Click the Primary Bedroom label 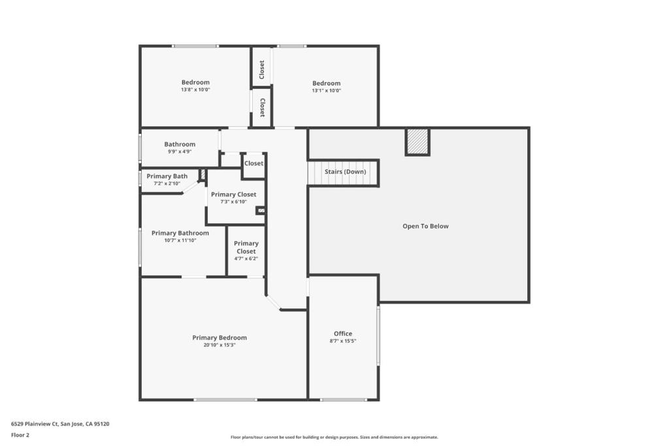pyautogui.click(x=220, y=338)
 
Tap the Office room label pyautogui.click(x=343, y=334)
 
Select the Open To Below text pyautogui.click(x=425, y=226)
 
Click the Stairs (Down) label pyautogui.click(x=345, y=171)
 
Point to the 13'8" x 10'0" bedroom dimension pyautogui.click(x=195, y=89)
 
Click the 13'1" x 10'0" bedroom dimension pyautogui.click(x=327, y=90)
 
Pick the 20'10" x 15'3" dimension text pyautogui.click(x=220, y=345)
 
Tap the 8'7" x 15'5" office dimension pyautogui.click(x=343, y=341)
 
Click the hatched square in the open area pyautogui.click(x=417, y=142)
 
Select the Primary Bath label pyautogui.click(x=167, y=176)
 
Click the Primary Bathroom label pyautogui.click(x=180, y=233)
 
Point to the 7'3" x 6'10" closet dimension pyautogui.click(x=233, y=202)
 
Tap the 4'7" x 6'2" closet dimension pyautogui.click(x=246, y=259)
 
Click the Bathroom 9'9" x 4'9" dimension pyautogui.click(x=180, y=151)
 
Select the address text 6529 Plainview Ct pyautogui.click(x=35, y=424)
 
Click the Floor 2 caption pyautogui.click(x=20, y=435)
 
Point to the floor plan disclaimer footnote pyautogui.click(x=334, y=437)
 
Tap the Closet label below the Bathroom pyautogui.click(x=253, y=163)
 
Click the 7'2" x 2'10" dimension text pyautogui.click(x=167, y=183)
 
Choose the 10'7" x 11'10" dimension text pyautogui.click(x=180, y=240)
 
